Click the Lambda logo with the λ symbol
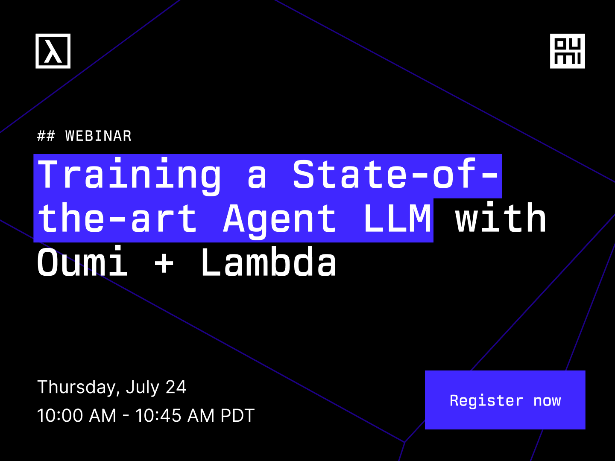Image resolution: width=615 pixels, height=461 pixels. (x=53, y=51)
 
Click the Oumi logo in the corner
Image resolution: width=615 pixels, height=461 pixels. (x=567, y=51)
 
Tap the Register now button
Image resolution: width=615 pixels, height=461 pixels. (x=505, y=400)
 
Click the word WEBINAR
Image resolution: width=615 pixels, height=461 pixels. (x=98, y=136)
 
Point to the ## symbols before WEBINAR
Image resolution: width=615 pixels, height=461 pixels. (x=46, y=136)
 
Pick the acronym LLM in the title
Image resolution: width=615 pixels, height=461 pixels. (x=397, y=218)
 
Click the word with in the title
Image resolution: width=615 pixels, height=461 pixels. (x=501, y=217)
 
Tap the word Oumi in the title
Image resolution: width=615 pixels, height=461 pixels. (x=82, y=261)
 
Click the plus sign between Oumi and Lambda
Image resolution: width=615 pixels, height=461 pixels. (x=164, y=263)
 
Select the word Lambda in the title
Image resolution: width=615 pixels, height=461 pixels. (x=268, y=261)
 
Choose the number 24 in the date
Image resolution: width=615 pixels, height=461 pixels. (x=176, y=387)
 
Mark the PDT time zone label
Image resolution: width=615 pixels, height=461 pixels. (x=237, y=415)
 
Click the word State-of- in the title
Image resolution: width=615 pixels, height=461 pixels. (x=395, y=174)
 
